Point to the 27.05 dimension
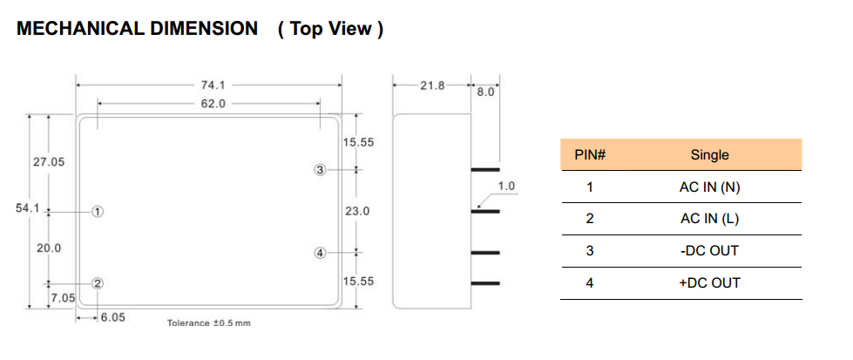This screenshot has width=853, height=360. [x=49, y=162]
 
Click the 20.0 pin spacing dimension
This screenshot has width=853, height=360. [x=49, y=248]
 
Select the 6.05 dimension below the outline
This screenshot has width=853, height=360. [x=112, y=318]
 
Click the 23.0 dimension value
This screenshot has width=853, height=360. [x=358, y=210]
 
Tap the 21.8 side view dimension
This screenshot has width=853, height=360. [x=432, y=85]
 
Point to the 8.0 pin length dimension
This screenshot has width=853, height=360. [x=485, y=92]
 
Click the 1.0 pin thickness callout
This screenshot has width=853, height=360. [x=506, y=186]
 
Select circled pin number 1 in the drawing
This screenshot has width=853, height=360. [x=98, y=211]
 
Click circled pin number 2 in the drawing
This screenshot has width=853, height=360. [x=98, y=282]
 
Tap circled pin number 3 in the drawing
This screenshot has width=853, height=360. [x=320, y=170]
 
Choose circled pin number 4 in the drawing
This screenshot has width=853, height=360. [x=320, y=253]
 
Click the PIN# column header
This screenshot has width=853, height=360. [x=590, y=155]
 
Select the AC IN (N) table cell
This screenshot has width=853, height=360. [x=709, y=187]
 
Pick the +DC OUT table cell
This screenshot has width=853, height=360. [x=709, y=282]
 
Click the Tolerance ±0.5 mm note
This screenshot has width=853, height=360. [x=208, y=323]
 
